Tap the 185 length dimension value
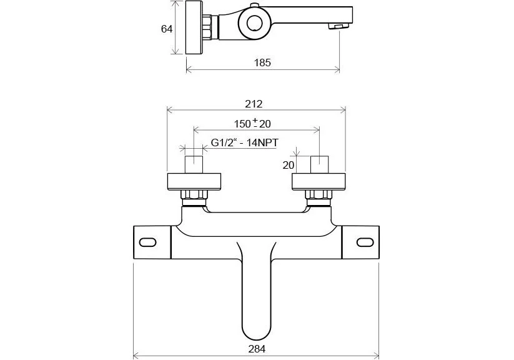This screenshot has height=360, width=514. [263, 62]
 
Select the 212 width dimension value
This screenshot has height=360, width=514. [254, 104]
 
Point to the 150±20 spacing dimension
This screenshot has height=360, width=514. [254, 123]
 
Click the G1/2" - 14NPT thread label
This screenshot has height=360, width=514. [244, 142]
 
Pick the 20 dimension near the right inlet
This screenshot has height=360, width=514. [288, 165]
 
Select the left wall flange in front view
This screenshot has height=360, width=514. [194, 181]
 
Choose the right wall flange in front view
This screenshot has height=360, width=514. [319, 181]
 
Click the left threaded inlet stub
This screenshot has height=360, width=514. [194, 164]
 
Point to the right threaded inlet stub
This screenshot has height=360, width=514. [319, 164]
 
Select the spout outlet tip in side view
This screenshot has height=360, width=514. [339, 26]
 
